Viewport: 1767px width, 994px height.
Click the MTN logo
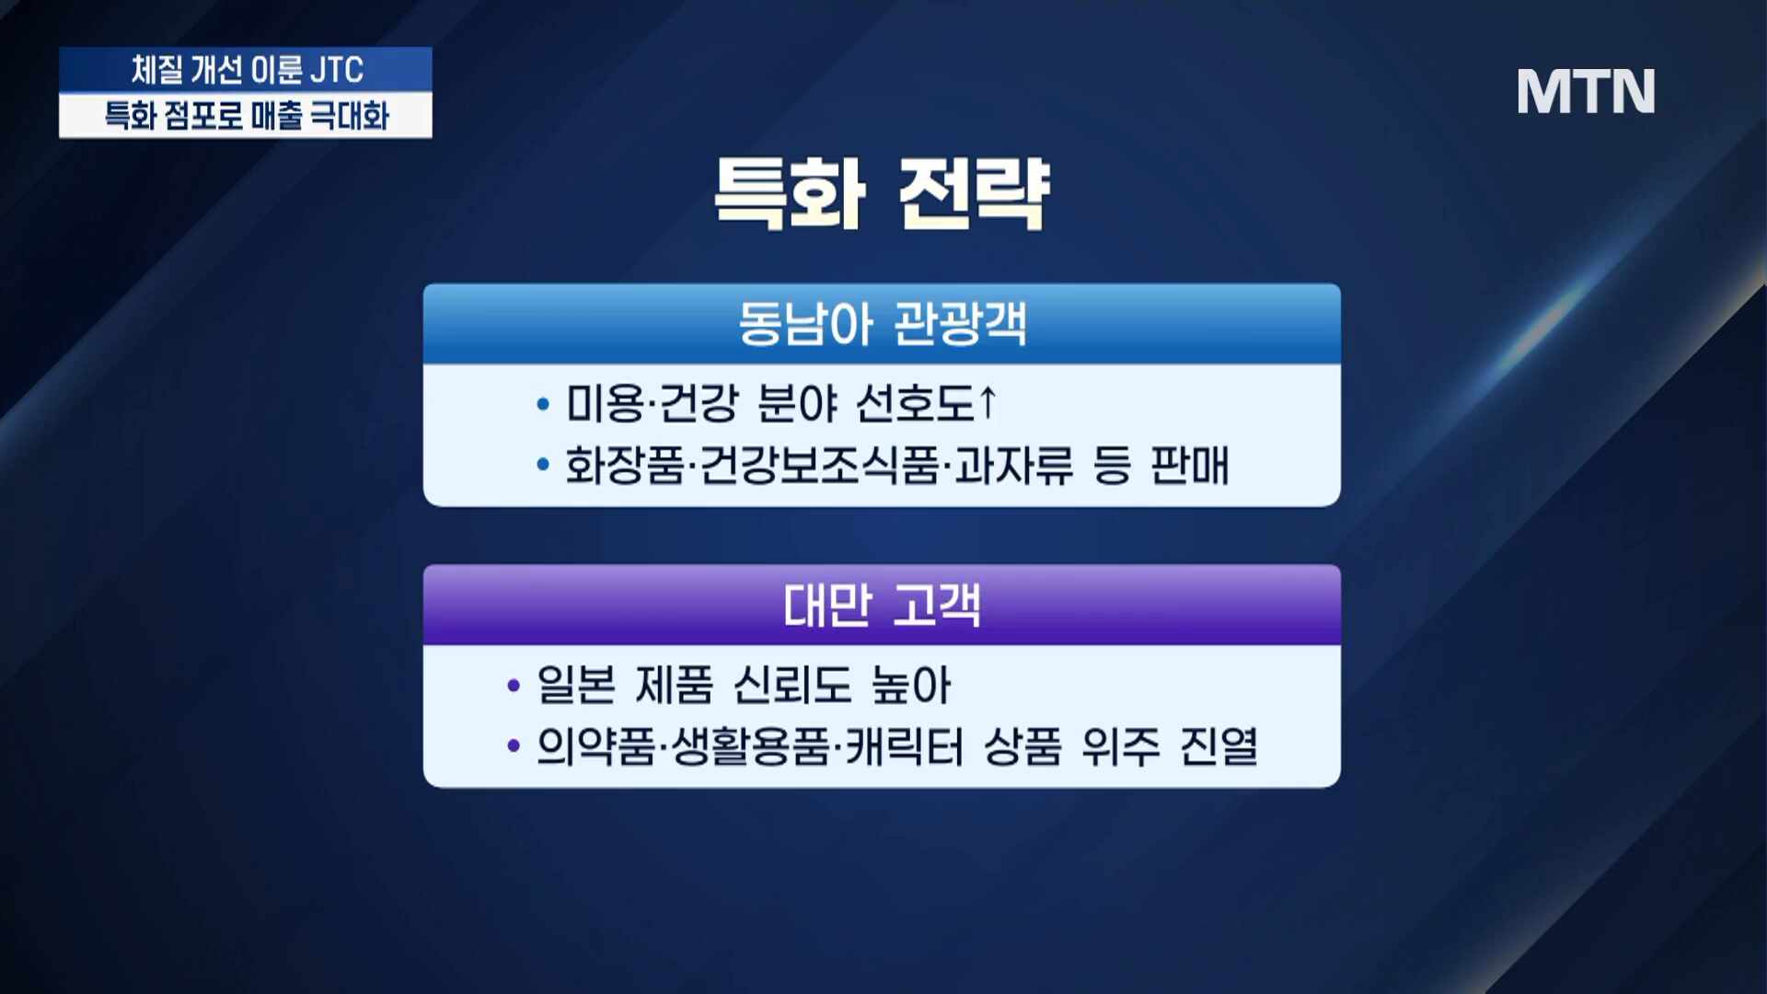1586,91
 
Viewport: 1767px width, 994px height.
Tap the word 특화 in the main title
790,193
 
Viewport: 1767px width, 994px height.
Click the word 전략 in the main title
973,193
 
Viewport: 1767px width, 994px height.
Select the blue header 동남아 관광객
882,324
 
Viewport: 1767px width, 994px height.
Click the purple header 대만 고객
882,606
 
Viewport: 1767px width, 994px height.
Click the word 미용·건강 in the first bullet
652,403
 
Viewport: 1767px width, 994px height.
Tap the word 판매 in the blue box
1190,465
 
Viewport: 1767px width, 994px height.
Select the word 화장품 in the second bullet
624,465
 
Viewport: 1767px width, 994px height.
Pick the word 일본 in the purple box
576,685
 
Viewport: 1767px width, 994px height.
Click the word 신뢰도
792,685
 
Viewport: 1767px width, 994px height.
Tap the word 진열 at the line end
1218,746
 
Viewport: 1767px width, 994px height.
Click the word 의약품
595,746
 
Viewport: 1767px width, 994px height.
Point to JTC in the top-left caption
337,70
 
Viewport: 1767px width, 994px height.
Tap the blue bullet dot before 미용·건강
543,404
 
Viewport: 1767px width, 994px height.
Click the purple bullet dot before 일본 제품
514,686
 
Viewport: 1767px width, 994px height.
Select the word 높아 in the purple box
911,685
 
